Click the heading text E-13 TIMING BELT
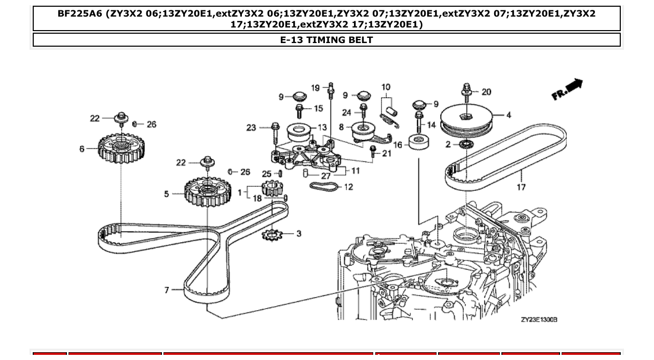pos(326,40)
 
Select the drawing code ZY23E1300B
pos(539,320)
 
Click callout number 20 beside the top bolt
pos(486,92)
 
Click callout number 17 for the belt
pos(521,187)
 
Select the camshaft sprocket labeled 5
pos(207,192)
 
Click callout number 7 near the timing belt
pos(167,290)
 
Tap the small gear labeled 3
pos(271,235)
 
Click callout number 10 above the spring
pos(386,87)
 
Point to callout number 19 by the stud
pos(316,88)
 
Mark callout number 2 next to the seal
pos(448,144)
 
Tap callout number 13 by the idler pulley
pos(322,127)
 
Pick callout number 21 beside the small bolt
pos(387,153)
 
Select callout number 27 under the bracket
pos(325,175)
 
